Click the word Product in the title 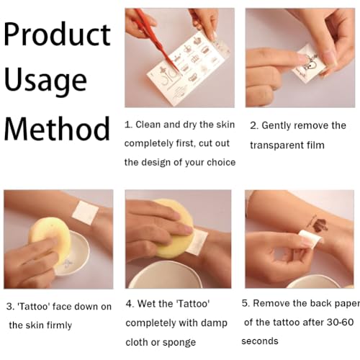tap(57, 35)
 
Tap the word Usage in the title tap(45, 81)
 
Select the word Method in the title tap(57, 129)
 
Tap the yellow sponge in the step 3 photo tap(49, 240)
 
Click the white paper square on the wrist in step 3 tap(86, 212)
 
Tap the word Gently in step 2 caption tap(276, 126)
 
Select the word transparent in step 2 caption tap(273, 145)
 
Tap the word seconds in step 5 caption tap(260, 341)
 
